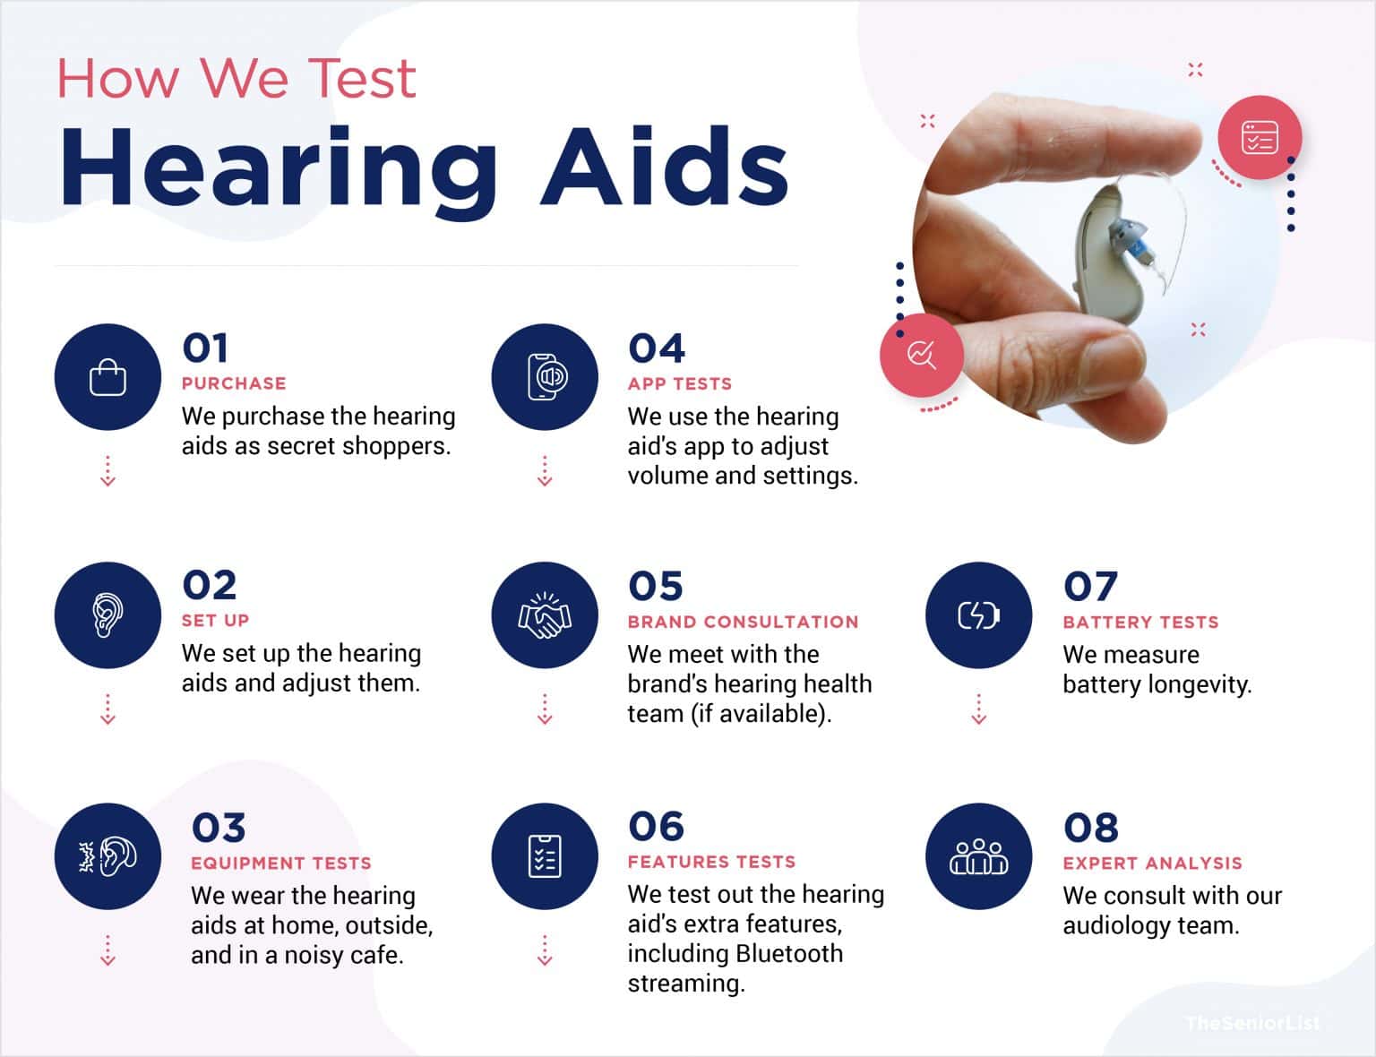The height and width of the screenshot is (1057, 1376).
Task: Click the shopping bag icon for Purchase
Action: (107, 377)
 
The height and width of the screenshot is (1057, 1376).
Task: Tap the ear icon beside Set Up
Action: (107, 614)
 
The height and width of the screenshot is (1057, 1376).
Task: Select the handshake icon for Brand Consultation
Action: (545, 615)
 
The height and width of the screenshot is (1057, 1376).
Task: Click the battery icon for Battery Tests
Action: (978, 615)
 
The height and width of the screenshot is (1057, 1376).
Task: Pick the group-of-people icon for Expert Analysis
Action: (978, 856)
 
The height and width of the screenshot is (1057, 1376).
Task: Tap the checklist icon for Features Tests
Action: (545, 856)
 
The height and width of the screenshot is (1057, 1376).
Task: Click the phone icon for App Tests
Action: (545, 377)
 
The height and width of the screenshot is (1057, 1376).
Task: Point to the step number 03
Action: (218, 828)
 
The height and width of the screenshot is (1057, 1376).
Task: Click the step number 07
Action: (1090, 588)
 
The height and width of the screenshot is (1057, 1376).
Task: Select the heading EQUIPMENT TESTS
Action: (280, 864)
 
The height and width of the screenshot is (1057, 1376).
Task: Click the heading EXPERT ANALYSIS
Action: (1152, 864)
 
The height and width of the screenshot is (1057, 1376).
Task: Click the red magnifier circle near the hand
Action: (921, 355)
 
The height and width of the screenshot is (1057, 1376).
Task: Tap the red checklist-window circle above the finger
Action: (1259, 138)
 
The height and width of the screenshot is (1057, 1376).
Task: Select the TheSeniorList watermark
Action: (1252, 1023)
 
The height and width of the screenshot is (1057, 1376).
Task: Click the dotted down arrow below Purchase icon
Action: (107, 471)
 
